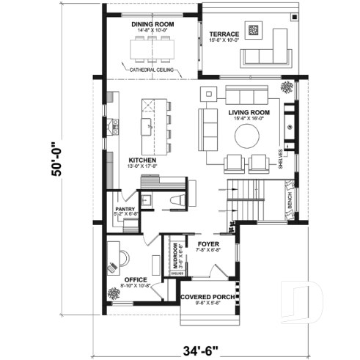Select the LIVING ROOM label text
(249, 112)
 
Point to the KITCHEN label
(142, 159)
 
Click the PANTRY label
(123, 210)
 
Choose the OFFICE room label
(136, 279)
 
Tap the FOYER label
(209, 244)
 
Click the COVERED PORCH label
(207, 297)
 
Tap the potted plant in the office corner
(114, 294)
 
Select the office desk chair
(120, 257)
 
